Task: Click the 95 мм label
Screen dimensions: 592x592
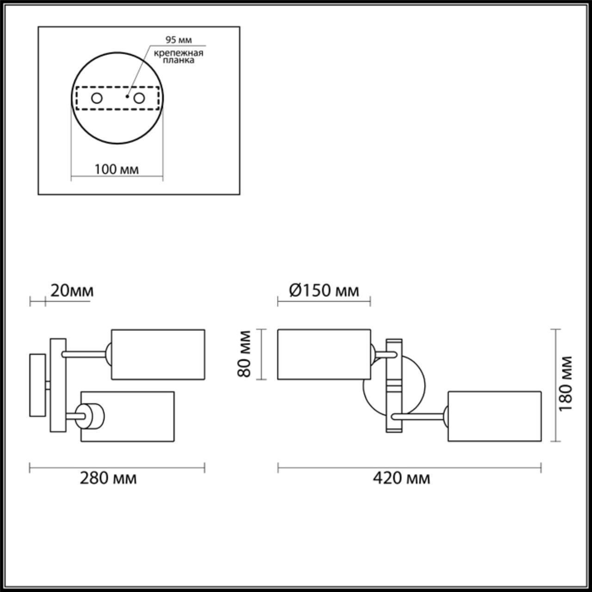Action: (179, 40)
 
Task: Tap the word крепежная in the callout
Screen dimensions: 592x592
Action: (179, 53)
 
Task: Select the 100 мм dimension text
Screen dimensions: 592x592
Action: (117, 169)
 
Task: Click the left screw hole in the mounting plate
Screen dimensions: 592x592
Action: (97, 98)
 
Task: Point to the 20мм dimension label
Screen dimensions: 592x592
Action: (72, 291)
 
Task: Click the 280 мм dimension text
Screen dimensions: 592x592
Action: (108, 478)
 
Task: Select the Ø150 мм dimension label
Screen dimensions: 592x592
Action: (324, 291)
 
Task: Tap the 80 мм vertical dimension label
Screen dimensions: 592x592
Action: (245, 354)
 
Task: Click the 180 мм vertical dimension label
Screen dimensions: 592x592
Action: (565, 383)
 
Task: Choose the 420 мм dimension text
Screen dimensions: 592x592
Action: (401, 478)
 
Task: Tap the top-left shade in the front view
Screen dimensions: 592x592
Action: (324, 354)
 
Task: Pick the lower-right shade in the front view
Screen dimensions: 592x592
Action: (494, 416)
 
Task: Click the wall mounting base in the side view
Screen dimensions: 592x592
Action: (37, 385)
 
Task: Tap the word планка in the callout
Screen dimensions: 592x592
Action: (179, 61)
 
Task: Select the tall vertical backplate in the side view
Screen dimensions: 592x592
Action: (58, 385)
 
